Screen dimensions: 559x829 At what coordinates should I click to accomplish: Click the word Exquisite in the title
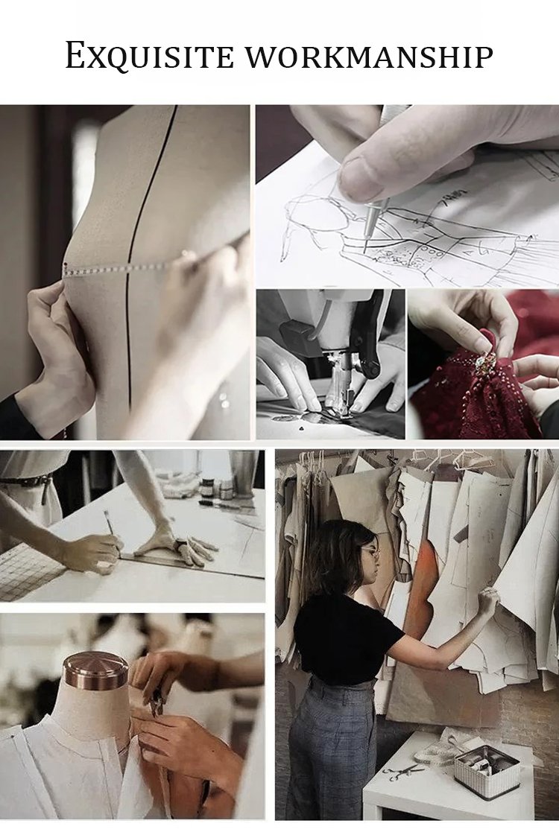click(x=150, y=56)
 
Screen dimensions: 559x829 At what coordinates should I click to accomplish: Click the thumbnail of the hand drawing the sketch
click(x=407, y=196)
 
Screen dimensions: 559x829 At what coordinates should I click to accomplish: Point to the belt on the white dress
click(x=26, y=481)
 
